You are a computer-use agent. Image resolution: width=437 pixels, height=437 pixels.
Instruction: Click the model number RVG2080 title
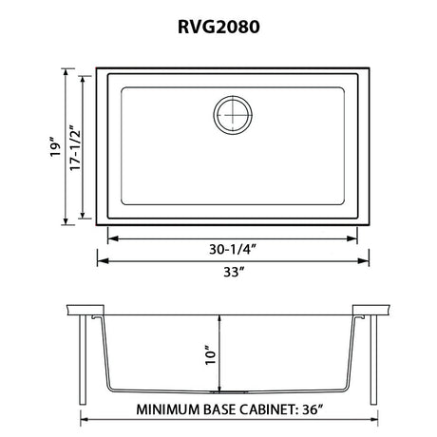pos(218,27)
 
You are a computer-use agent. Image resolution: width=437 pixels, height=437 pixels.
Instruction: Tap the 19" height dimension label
pos(55,146)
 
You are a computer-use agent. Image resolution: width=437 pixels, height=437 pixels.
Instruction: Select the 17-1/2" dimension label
pos(75,147)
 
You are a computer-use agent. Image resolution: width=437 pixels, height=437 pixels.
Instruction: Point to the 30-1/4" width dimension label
pos(232,250)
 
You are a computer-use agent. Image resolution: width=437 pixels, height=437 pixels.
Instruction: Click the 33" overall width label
pos(234,272)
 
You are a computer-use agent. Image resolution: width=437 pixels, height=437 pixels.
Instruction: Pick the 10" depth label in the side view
pos(211,354)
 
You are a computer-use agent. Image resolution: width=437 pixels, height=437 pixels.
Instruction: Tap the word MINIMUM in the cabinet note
pos(168,409)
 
